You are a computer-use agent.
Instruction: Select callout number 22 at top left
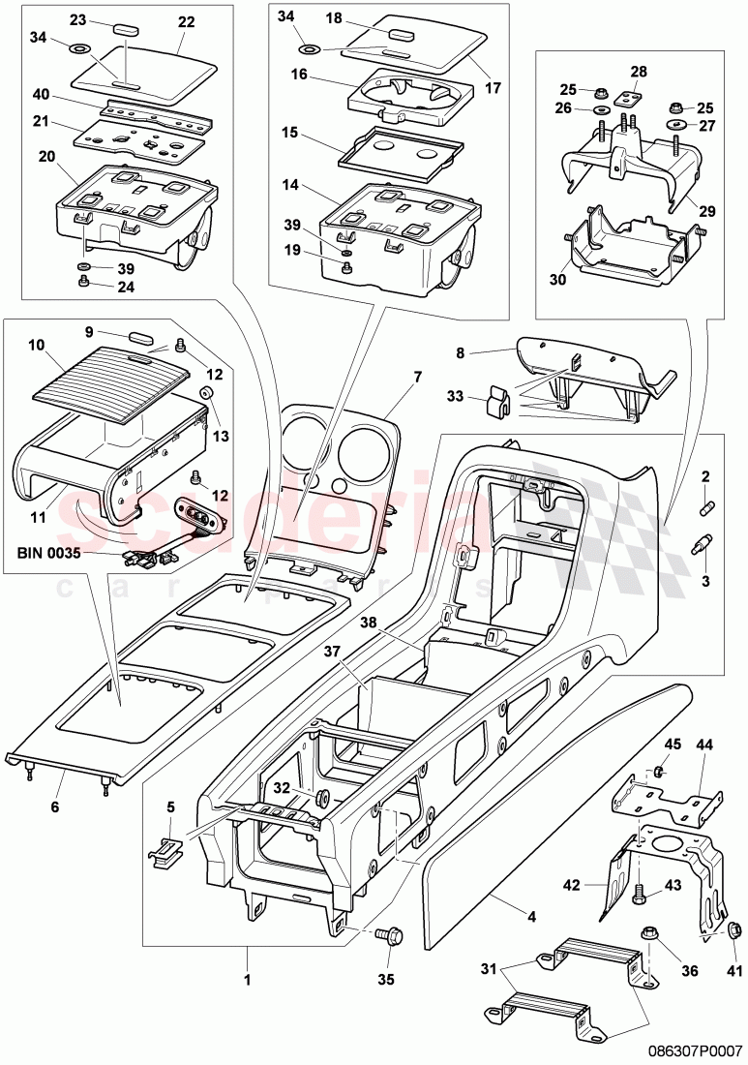[186, 22]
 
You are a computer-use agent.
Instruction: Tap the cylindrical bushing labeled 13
[206, 392]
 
